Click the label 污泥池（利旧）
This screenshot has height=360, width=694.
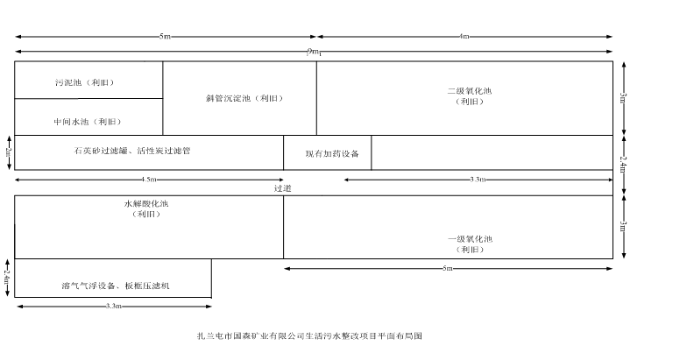click(x=85, y=82)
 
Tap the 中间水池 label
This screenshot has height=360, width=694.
click(x=89, y=121)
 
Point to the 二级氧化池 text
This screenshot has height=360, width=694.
click(x=470, y=91)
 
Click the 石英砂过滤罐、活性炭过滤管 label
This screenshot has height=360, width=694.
click(x=132, y=151)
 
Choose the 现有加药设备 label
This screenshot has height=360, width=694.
click(x=327, y=153)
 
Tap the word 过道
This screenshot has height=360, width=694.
click(x=282, y=187)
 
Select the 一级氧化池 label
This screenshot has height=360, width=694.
click(x=471, y=239)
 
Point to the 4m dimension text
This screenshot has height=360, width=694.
click(x=464, y=37)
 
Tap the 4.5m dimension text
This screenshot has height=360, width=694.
click(x=149, y=180)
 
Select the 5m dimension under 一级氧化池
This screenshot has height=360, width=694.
click(x=447, y=268)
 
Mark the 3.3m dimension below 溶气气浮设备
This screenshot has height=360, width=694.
click(x=112, y=306)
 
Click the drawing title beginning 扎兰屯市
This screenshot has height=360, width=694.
click(x=311, y=335)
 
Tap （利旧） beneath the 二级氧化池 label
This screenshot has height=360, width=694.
click(x=470, y=102)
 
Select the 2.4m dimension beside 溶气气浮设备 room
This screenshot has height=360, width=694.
click(x=7, y=277)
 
